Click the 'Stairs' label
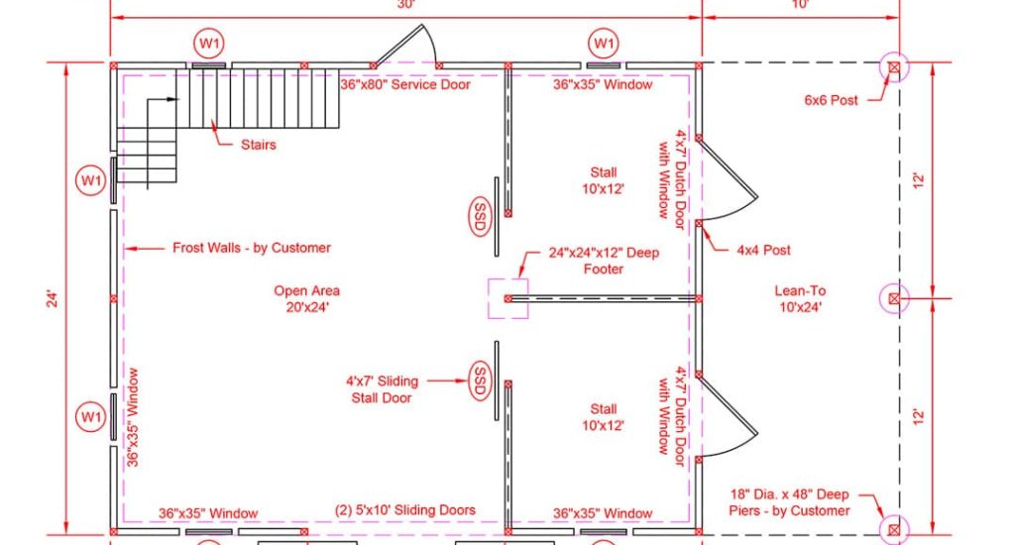coord(258,145)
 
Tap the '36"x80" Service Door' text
coord(405,84)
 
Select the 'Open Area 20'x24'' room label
coord(307,298)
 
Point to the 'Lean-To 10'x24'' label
coord(800,298)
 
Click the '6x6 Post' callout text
coord(832,100)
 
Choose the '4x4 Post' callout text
coord(763,251)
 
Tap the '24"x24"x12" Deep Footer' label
coord(604,261)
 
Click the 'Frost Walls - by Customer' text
coord(252,248)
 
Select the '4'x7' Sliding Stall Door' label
coord(382,389)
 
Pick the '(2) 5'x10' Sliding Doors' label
coord(405,510)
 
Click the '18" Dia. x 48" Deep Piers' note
coord(789,502)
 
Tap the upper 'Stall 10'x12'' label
coord(603,180)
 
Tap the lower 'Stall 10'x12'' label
coord(603,417)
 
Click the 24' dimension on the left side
coord(53,298)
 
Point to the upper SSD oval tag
coord(480,216)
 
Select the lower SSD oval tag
coord(480,381)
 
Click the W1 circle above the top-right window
coord(604,44)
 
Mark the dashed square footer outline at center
coord(488,298)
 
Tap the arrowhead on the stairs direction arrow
coord(172,99)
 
